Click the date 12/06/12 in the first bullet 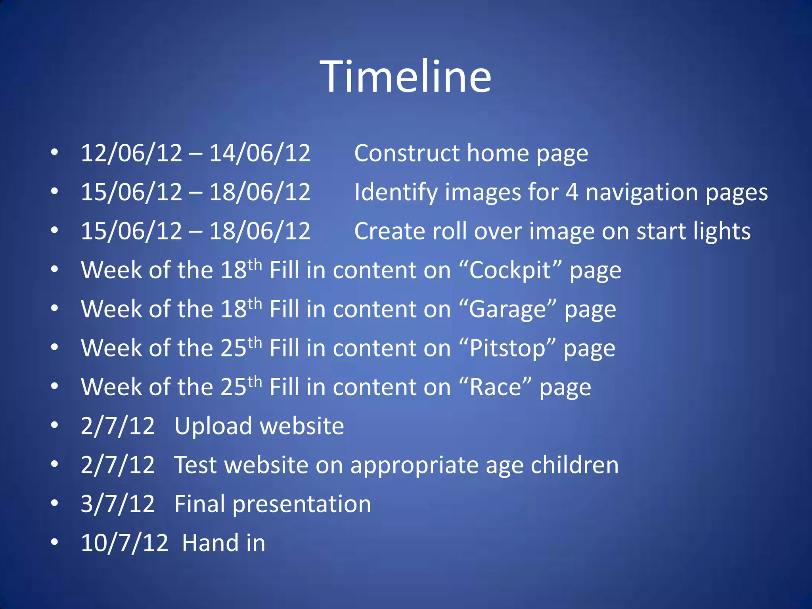131,153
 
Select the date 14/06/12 260,153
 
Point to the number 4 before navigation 571,192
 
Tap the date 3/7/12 118,504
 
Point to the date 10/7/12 124,543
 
